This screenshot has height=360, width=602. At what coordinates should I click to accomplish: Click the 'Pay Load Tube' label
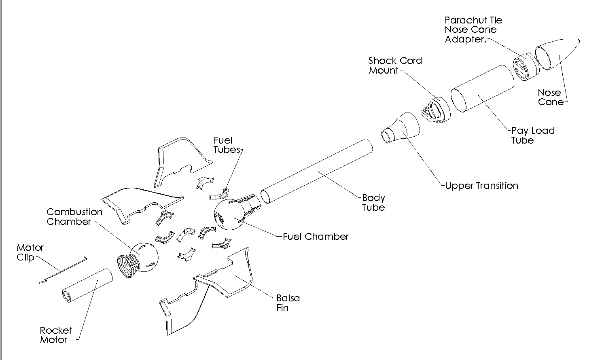532,136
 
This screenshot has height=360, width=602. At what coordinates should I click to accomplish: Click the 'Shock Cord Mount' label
394,66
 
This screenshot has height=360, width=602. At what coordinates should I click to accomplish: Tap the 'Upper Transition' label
481,186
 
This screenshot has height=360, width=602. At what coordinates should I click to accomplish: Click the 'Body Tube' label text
373,203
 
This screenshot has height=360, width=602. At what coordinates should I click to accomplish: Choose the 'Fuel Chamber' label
316,237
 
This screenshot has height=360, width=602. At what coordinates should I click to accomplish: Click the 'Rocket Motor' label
56,335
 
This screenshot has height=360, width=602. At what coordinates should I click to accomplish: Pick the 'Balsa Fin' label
288,303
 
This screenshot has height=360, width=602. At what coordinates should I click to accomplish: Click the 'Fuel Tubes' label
227,145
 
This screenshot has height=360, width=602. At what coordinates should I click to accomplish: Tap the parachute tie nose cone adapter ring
525,66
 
